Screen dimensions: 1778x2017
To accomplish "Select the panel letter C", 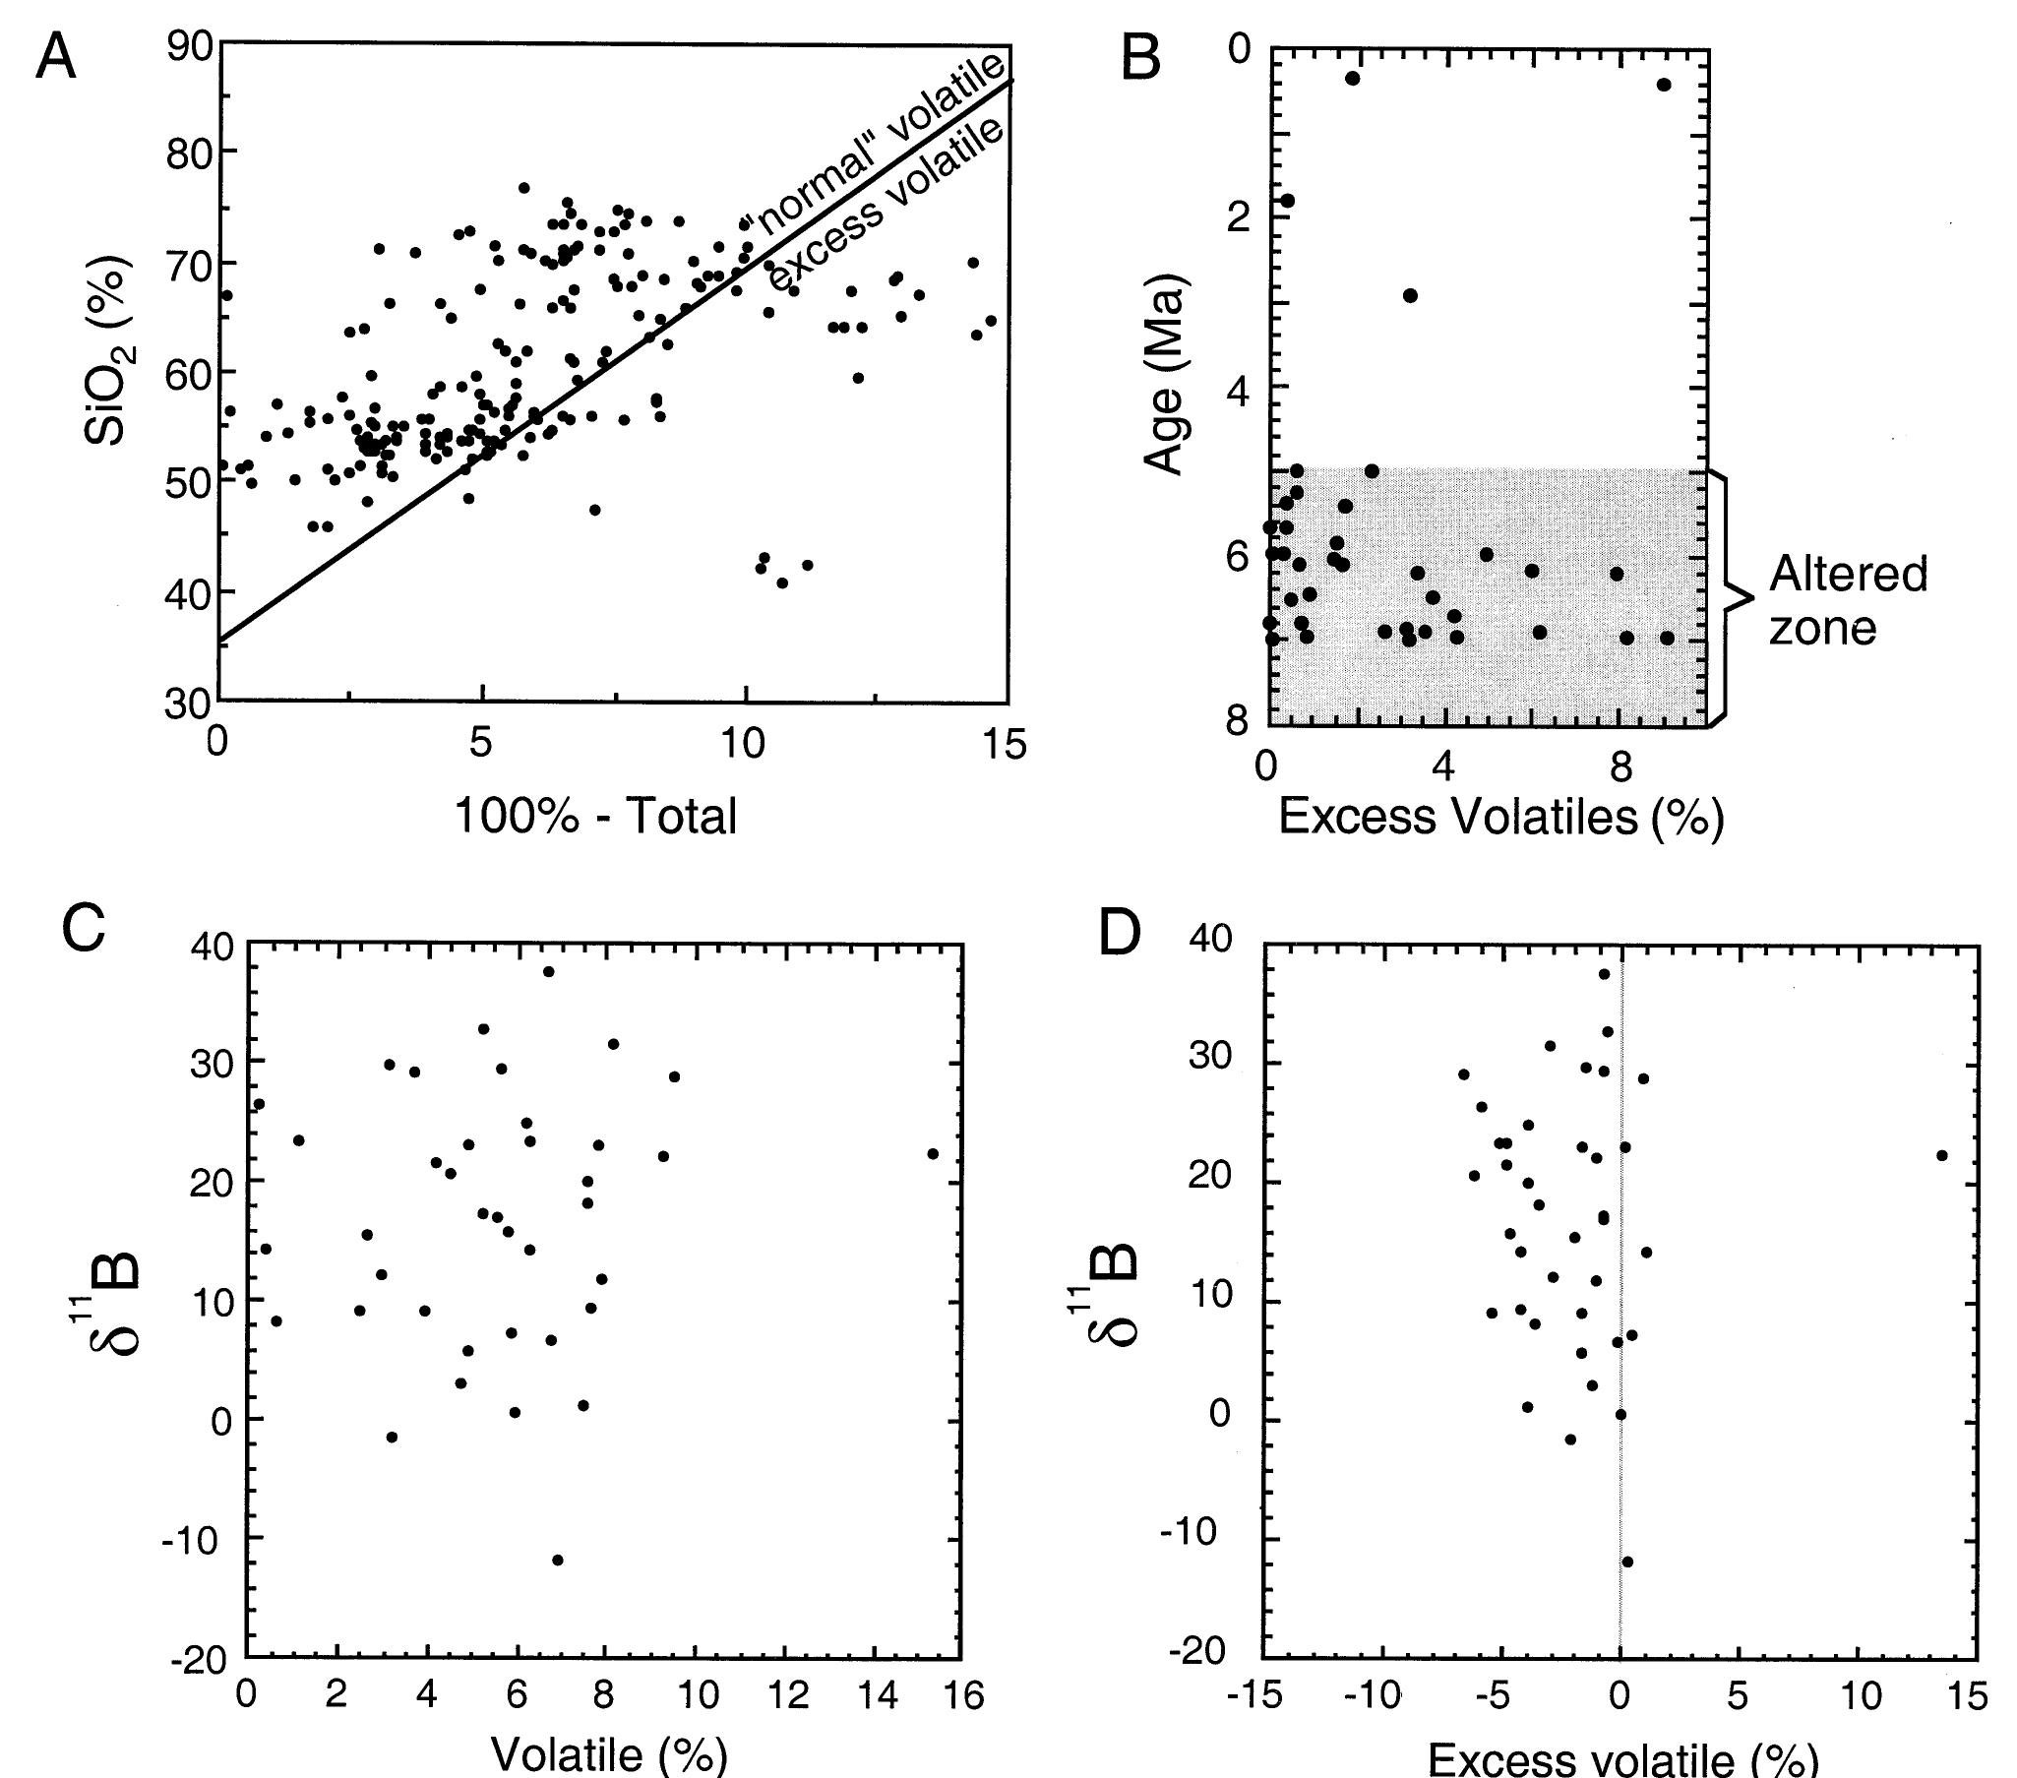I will [83, 930].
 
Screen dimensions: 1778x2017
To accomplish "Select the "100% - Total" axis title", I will [595, 817].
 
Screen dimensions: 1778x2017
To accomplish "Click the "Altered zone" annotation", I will [1846, 600].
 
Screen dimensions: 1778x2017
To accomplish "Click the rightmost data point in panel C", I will [933, 1153].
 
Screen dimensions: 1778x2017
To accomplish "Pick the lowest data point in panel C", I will [558, 1560].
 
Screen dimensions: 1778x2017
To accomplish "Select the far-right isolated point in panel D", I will [1941, 1155].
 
